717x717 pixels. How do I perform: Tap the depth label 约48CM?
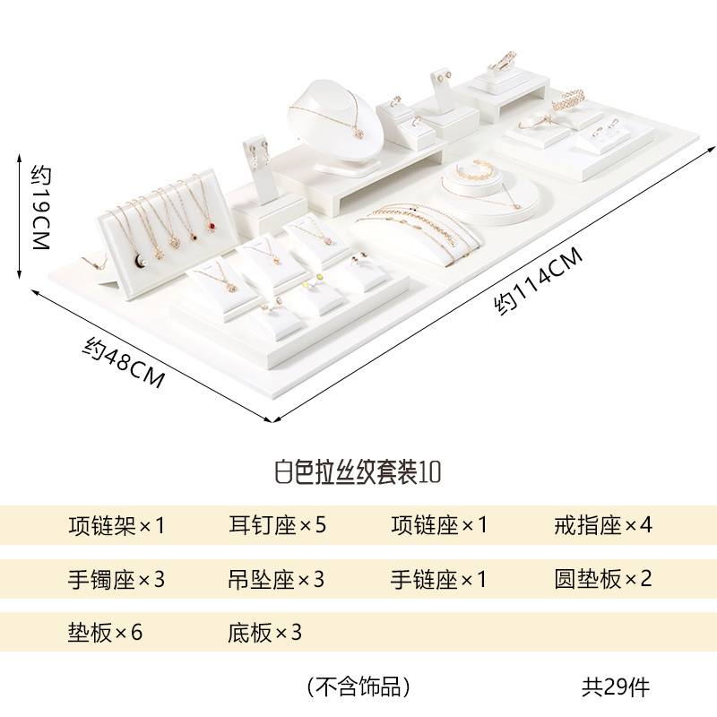(125, 361)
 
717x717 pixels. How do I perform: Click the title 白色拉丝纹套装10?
(357, 471)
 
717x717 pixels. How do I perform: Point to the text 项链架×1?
(117, 524)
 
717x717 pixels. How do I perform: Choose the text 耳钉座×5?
(276, 524)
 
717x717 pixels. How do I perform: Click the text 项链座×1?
(439, 524)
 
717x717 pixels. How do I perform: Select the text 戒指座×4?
(603, 524)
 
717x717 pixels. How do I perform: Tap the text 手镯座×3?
(117, 579)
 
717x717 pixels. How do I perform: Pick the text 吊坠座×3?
(276, 579)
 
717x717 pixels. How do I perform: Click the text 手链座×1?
(439, 579)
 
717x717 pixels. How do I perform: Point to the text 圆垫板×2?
(603, 579)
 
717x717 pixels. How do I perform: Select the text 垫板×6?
(105, 633)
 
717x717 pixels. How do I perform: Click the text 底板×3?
(264, 633)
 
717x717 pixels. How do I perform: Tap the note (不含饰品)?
(358, 687)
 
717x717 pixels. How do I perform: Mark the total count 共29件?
(615, 687)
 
